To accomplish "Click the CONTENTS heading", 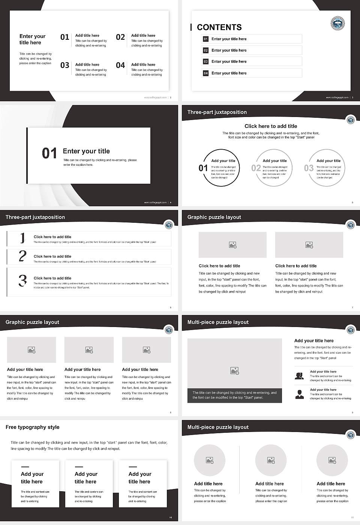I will coord(219,27).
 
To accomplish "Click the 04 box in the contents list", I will coord(205,73).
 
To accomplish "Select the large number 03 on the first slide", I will coord(65,65).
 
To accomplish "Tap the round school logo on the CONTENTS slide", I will coord(337,23).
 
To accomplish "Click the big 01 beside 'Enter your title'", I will coord(49,153).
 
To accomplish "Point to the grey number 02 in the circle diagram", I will coord(256,168).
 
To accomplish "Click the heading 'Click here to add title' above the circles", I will coord(271,126).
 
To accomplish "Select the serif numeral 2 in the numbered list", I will coord(22,256).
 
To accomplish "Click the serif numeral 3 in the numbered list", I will coord(23,280).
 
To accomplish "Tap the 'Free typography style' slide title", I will coord(33,427).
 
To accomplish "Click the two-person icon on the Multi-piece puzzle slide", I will coord(299,376).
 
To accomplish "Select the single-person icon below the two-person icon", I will coord(299,394).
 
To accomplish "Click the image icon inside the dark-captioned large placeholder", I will coord(235,370).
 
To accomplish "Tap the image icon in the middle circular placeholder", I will coord(271,460).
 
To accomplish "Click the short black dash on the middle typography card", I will coord(79,467).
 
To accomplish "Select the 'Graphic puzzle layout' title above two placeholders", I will coord(214,217).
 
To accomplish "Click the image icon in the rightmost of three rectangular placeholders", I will coord(147,350).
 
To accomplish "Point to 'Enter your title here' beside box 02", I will coord(229,50).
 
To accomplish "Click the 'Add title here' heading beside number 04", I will coord(143,64).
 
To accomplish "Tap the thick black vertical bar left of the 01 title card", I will coord(27,156).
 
